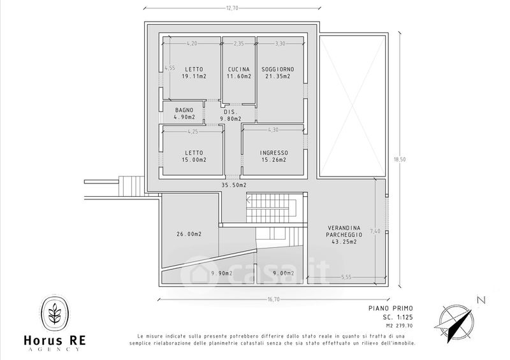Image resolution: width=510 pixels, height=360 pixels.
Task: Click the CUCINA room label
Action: pos(238,69)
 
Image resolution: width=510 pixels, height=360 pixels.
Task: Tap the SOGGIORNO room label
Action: pos(278,69)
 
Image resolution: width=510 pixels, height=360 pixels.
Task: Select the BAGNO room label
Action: pos(184,110)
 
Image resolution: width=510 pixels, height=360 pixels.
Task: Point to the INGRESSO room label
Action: pos(274,153)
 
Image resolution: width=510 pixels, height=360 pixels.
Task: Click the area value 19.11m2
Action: pos(194,76)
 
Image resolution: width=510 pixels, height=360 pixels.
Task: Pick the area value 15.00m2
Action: pos(194,160)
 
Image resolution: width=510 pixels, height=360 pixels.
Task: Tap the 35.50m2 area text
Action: pos(234,185)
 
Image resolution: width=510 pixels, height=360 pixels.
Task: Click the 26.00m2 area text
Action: pos(189,234)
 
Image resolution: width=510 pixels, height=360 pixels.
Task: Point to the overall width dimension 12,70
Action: pos(232,8)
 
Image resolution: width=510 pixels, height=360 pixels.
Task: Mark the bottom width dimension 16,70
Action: pos(273,299)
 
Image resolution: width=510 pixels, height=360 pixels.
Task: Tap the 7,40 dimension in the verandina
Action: pos(375,231)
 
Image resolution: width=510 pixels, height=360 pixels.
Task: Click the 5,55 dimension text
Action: pos(346,277)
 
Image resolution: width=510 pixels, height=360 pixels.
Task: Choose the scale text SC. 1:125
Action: pos(397,317)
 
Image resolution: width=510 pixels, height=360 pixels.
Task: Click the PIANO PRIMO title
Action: pos(391,308)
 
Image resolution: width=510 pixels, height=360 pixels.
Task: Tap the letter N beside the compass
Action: pos(481,300)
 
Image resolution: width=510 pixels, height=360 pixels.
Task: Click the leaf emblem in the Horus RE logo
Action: pos(54,313)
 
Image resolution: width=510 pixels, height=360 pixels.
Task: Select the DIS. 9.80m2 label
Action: pos(231,115)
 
